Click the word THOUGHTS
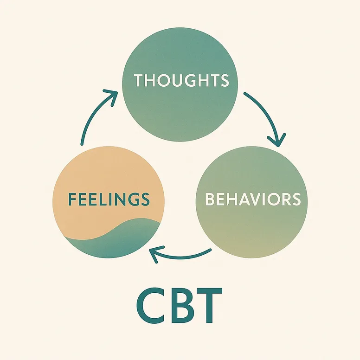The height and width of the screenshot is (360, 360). (181, 80)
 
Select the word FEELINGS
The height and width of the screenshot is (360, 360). (109, 199)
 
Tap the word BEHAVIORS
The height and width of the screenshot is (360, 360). (253, 199)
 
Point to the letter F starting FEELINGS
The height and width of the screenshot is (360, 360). (72, 199)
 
